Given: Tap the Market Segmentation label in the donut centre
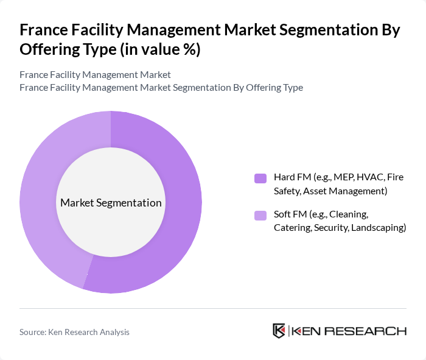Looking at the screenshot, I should pyautogui.click(x=111, y=203).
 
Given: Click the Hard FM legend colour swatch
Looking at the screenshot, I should pyautogui.click(x=260, y=178).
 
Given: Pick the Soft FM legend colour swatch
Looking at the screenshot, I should pyautogui.click(x=260, y=215).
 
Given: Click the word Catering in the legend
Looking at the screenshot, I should pyautogui.click(x=293, y=228).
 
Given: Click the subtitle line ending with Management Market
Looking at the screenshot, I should pyautogui.click(x=95, y=74).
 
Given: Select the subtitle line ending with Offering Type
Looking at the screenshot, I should pyautogui.click(x=161, y=87).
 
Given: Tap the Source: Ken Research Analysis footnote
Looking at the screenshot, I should pyautogui.click(x=74, y=332).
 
